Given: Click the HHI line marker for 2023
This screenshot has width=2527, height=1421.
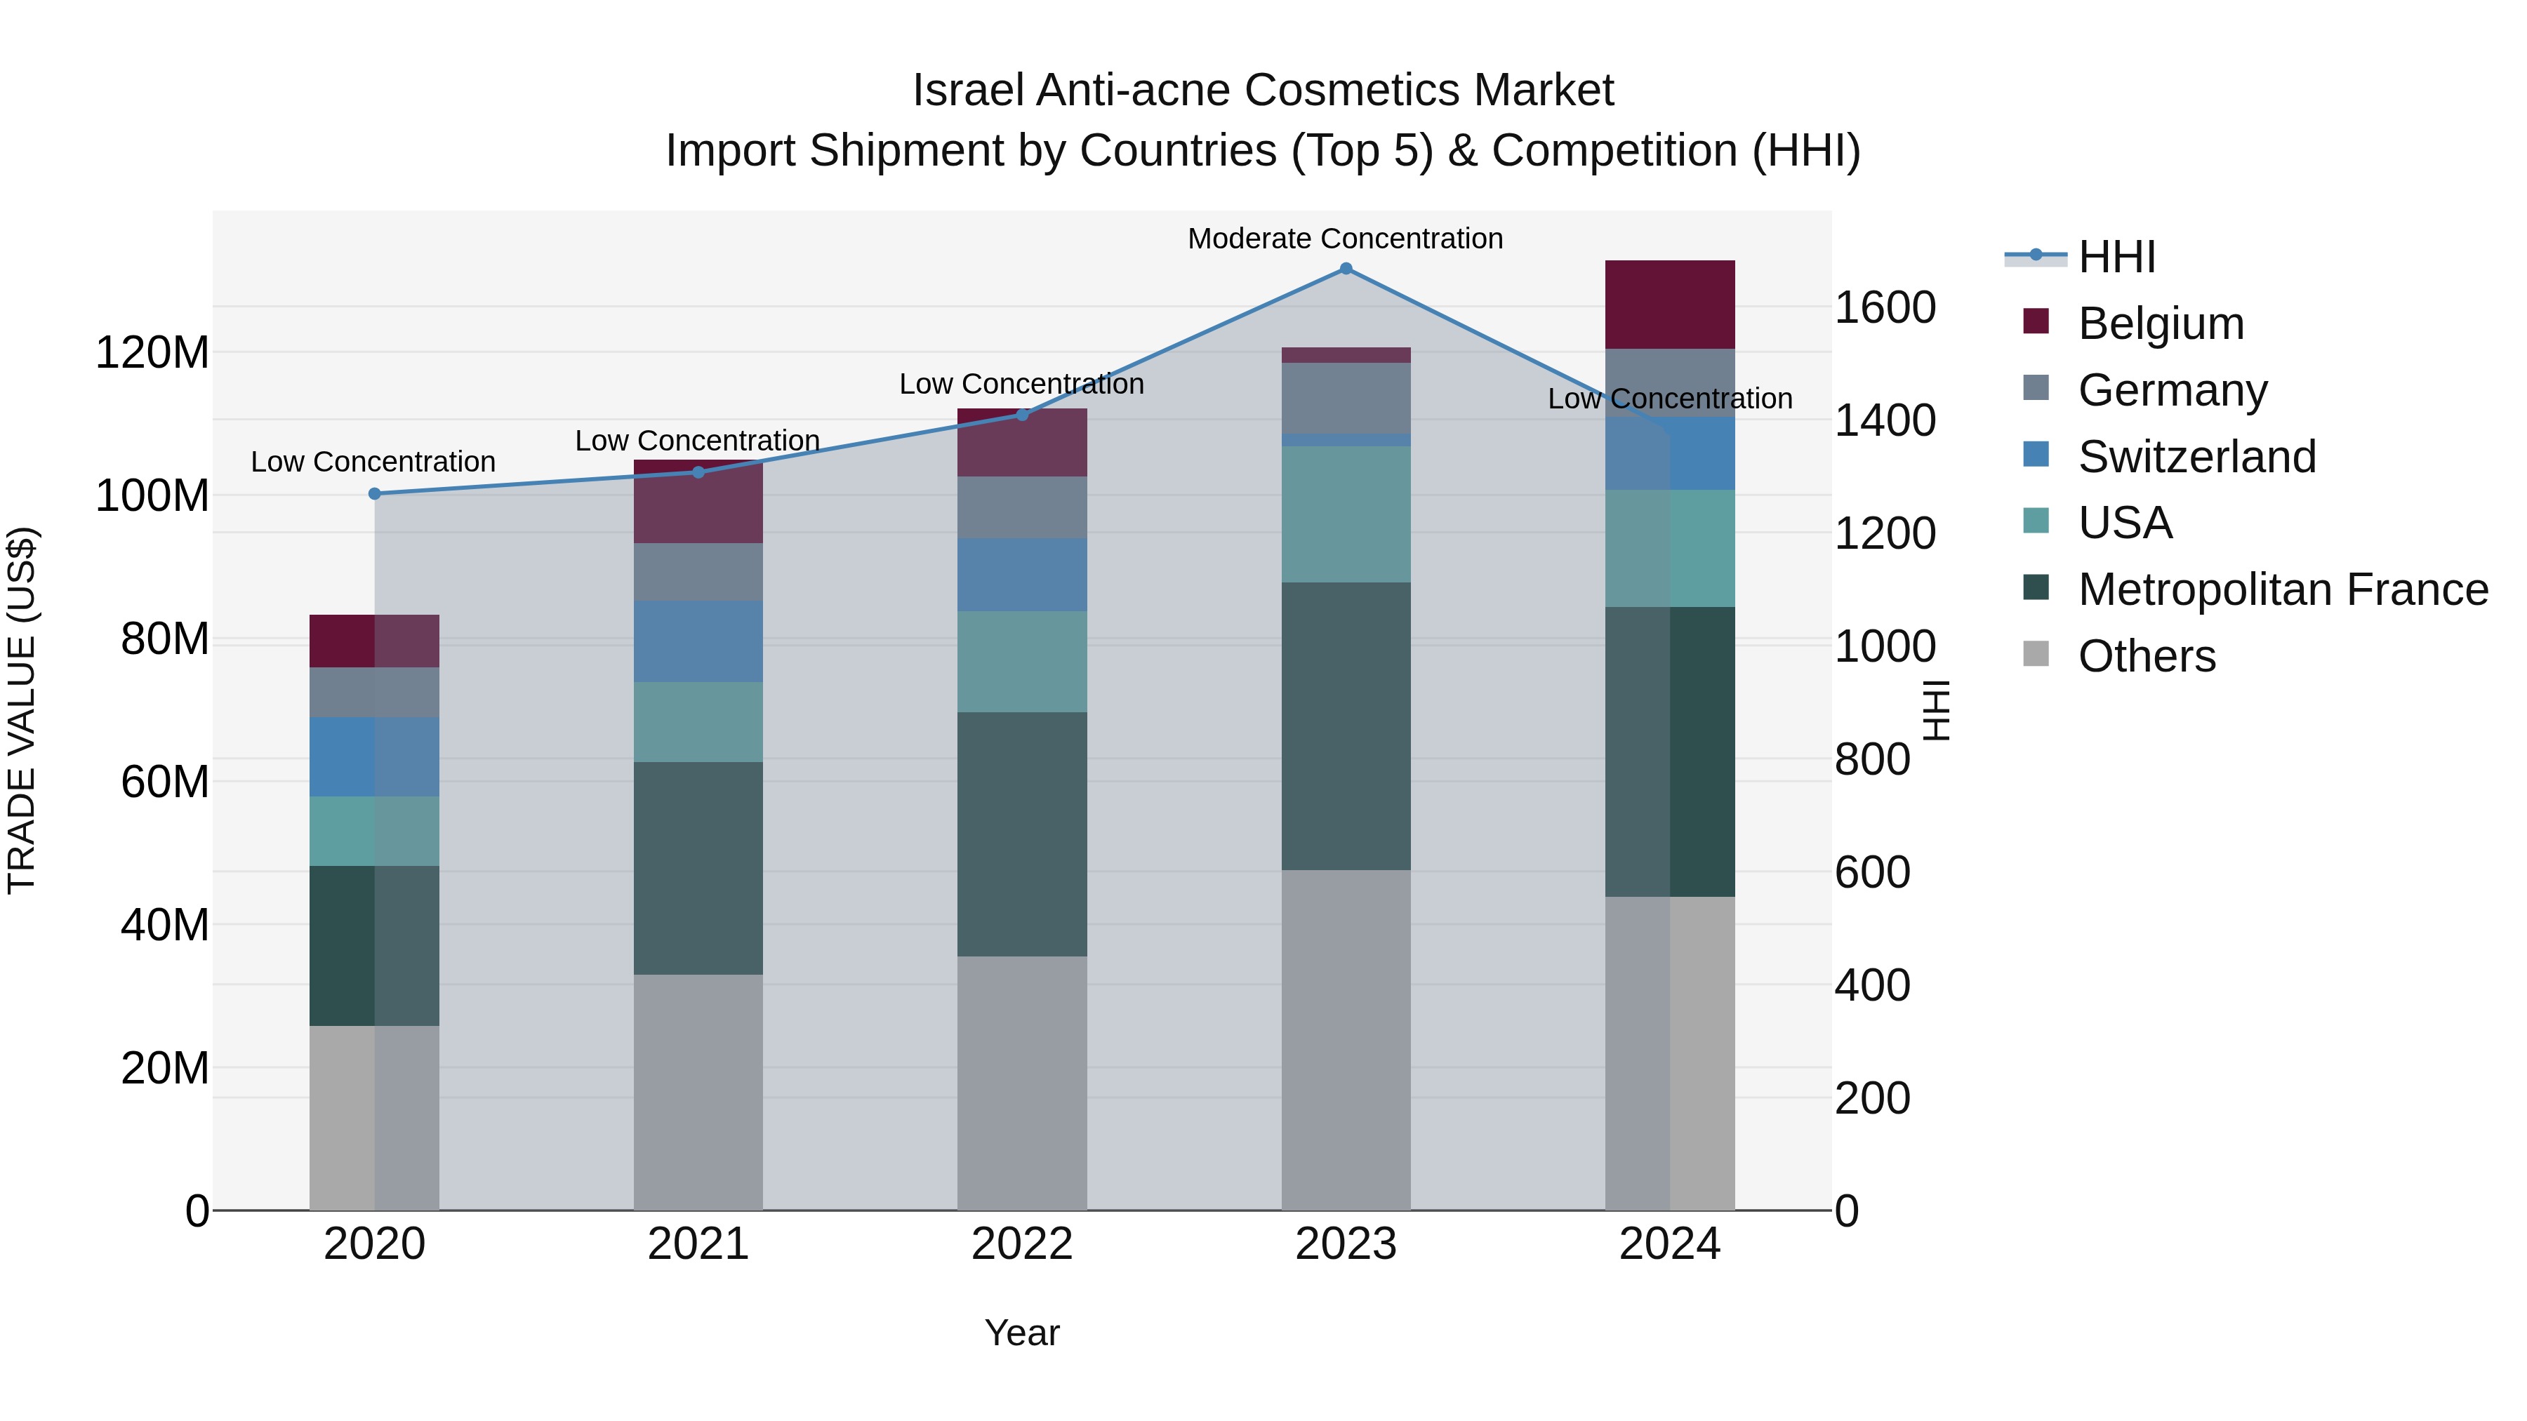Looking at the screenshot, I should click(1346, 269).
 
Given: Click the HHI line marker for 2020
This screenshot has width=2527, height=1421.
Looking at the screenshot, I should click(375, 493).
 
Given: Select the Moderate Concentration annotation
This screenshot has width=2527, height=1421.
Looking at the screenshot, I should click(1345, 239).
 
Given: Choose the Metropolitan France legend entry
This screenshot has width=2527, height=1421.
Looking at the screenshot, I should click(2282, 589).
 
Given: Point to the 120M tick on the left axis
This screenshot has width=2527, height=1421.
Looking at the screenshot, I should click(152, 352).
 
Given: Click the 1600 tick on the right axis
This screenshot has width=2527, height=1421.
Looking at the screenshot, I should click(1885, 308).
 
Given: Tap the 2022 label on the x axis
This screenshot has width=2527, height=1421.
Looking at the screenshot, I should click(1022, 1244).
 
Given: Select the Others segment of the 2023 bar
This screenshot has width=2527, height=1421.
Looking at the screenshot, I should click(1346, 1039).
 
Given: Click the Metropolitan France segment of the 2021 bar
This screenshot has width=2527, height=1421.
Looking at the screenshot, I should click(698, 868).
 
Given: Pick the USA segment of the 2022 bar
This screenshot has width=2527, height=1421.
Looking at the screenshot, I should click(1022, 662).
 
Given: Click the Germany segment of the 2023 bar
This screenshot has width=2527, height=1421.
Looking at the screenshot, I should click(1346, 398).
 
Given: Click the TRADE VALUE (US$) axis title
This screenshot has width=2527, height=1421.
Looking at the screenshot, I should click(22, 710).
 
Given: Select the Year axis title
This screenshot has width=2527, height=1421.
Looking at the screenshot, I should click(1022, 1333).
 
